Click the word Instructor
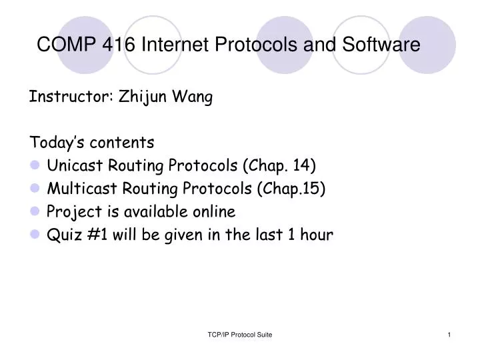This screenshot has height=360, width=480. point(71,97)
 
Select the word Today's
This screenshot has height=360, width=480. point(57,143)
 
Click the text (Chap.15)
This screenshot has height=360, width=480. point(291,189)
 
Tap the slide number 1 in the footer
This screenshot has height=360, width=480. point(449,334)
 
